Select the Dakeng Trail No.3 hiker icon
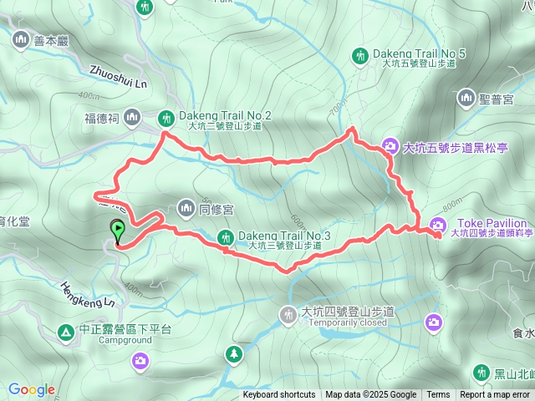tap(225, 238)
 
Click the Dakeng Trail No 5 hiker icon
tap(360, 56)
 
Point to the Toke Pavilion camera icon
tap(439, 224)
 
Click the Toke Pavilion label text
tap(492, 223)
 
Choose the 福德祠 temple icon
tap(131, 119)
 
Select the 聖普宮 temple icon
tap(466, 99)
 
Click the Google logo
tap(31, 390)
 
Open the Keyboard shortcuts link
tap(279, 395)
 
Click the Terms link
tap(438, 395)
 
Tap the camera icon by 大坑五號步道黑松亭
tap(390, 147)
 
